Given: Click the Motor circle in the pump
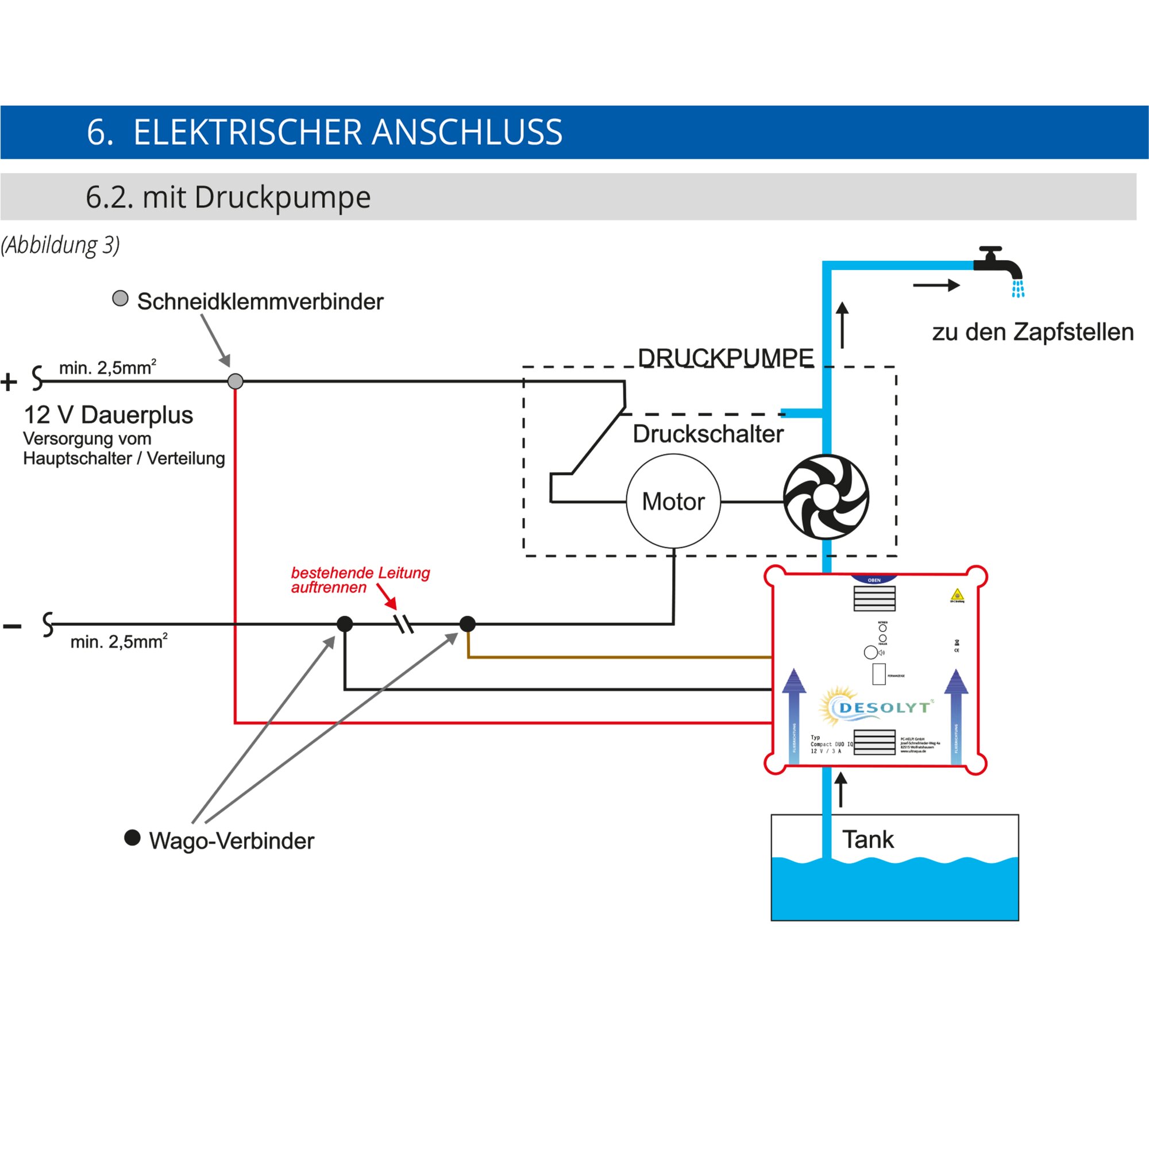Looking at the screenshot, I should coord(673,502).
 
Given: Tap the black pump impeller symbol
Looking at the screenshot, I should coord(826,496).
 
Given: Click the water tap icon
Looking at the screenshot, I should coord(999,265).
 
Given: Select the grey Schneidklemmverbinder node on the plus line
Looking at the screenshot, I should coord(236,381).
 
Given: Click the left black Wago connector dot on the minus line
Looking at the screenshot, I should coord(345,624).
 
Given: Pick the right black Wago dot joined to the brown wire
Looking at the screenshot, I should coord(468,624).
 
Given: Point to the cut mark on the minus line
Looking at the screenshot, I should coord(404,624).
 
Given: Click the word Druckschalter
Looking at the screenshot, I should coord(708,434).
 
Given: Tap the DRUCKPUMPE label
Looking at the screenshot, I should coord(726,358).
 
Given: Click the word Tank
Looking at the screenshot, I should coord(867,840).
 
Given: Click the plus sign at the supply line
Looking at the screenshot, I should coord(9,382).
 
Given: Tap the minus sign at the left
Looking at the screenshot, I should coord(12,626).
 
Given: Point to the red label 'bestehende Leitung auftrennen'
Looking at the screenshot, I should coord(360,580).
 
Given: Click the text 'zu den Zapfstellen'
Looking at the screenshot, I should coord(1033,332).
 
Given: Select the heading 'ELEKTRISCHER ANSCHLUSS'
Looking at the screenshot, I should coord(348,132).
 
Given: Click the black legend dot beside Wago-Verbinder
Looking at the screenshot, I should coord(132,838).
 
